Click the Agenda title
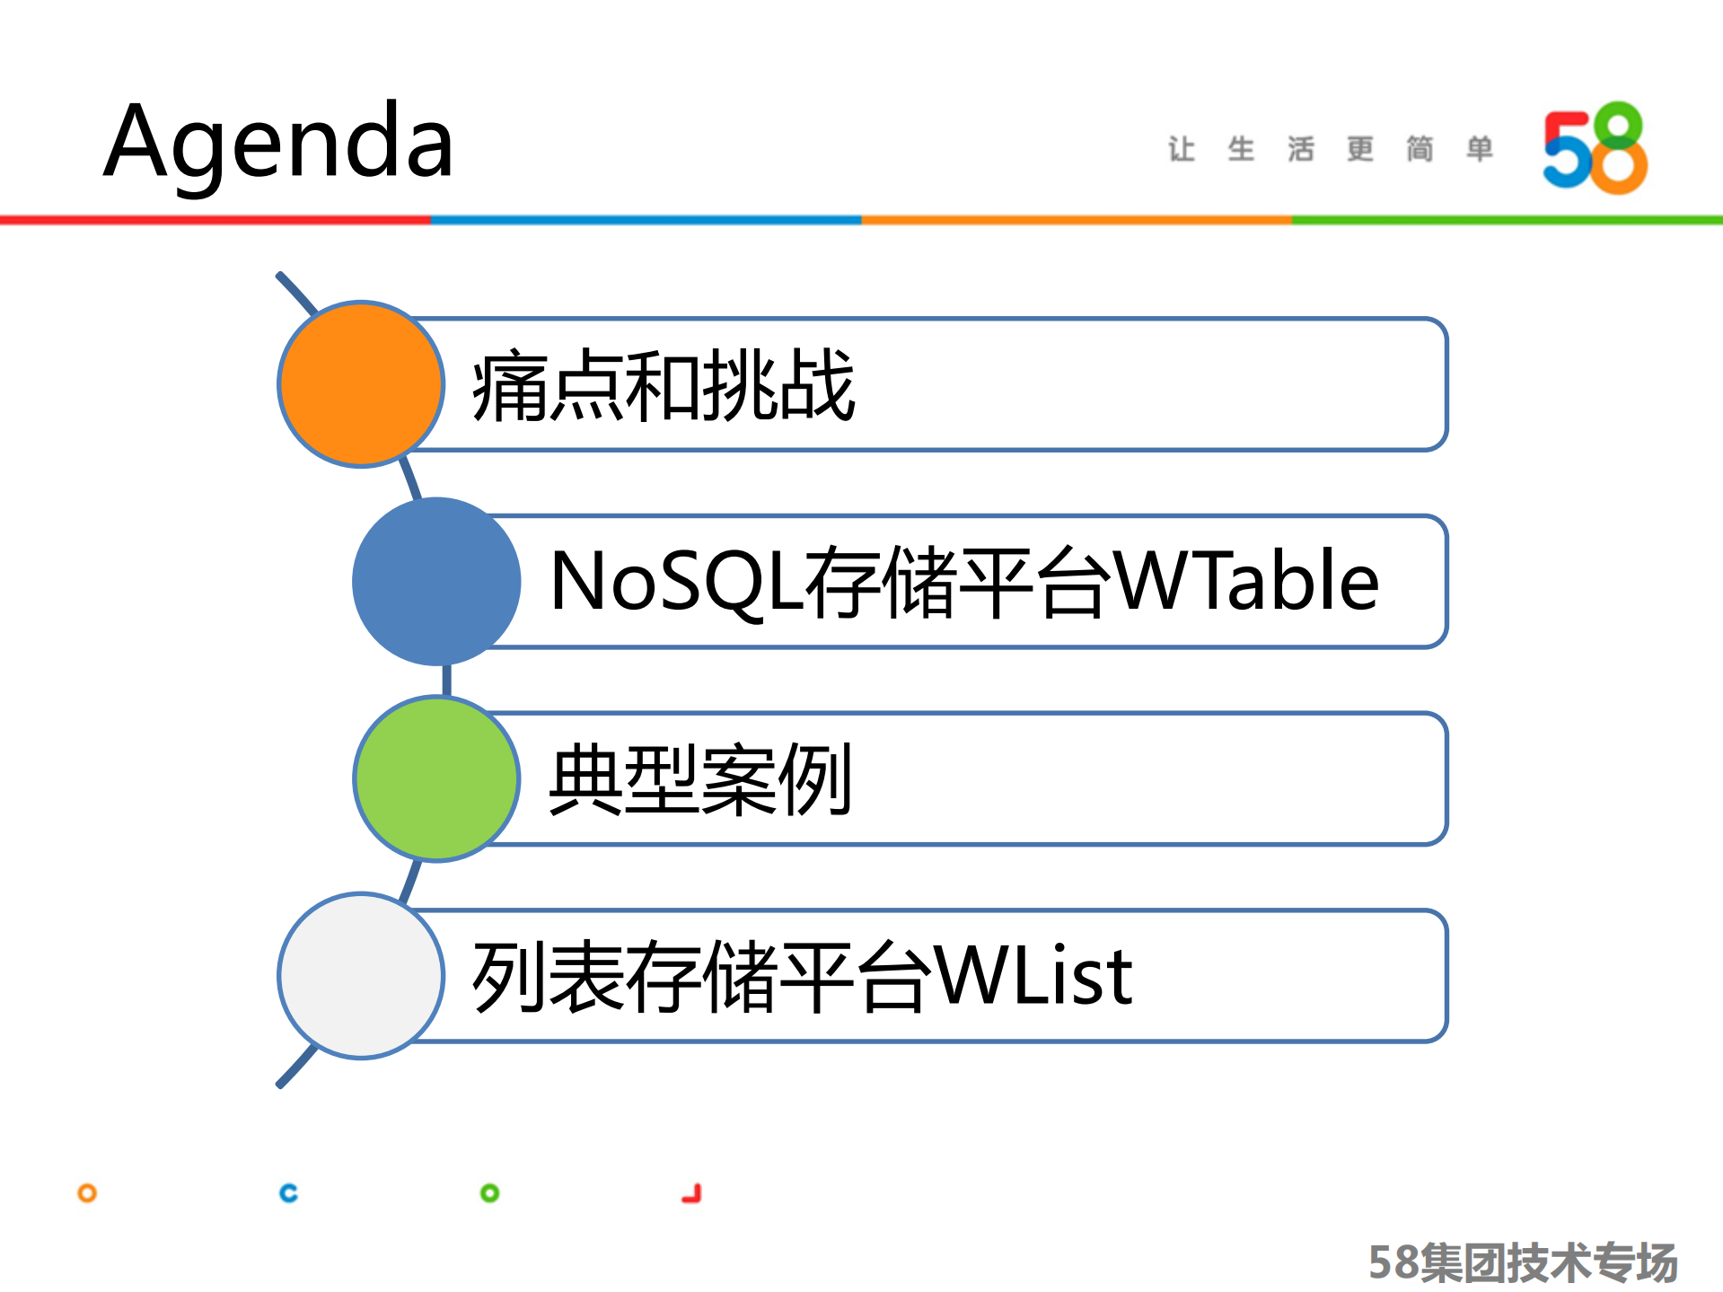[x=278, y=142]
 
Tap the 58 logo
[x=1595, y=147]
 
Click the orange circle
[x=361, y=384]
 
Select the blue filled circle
[x=436, y=582]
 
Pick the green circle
[x=436, y=778]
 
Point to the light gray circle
[x=361, y=976]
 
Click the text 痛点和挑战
[x=663, y=386]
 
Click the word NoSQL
[x=675, y=582]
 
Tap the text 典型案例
[x=700, y=779]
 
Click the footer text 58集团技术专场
[x=1523, y=1262]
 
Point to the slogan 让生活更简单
[x=1330, y=149]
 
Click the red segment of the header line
[x=215, y=220]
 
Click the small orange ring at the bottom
[x=87, y=1193]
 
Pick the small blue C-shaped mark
[x=288, y=1193]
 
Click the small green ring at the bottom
[x=489, y=1193]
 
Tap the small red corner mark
[x=692, y=1194]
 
